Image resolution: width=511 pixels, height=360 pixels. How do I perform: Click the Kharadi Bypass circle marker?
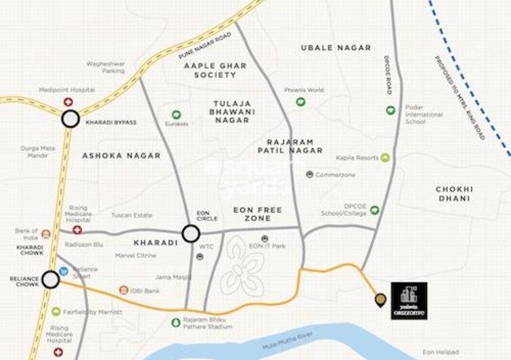70,120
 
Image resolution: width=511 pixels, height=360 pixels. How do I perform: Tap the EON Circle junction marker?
191,234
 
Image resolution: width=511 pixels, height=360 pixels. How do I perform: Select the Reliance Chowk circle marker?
50,279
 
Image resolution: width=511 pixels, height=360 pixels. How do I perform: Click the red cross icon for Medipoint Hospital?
68,102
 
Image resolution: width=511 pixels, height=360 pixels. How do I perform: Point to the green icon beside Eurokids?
176,114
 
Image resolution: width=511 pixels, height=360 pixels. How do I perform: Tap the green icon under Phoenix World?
301,102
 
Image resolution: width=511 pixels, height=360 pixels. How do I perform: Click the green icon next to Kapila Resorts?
385,158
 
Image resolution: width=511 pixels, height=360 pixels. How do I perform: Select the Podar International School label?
424,114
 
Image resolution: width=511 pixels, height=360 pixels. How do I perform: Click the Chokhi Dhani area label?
454,194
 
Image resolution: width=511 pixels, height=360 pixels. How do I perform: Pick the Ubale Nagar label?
336,47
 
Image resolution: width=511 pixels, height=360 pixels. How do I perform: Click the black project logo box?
409,300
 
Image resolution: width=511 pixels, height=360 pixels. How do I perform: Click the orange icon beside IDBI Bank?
123,290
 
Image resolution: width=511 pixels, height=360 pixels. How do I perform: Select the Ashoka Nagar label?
121,155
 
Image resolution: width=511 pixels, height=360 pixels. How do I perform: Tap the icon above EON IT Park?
265,239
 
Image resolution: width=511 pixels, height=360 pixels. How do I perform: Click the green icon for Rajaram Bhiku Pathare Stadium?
176,322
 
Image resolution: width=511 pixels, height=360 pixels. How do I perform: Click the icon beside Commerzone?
309,174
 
